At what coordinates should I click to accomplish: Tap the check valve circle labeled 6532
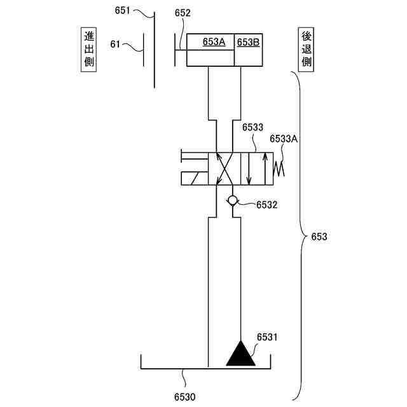(233, 200)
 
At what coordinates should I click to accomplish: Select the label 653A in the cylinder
(214, 42)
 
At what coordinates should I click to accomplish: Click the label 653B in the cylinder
(248, 42)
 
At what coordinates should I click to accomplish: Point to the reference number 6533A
(284, 138)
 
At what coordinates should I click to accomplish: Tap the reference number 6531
(267, 336)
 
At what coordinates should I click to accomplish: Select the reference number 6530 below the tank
(186, 396)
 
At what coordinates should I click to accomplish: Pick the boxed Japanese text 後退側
(307, 49)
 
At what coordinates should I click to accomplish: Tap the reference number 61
(115, 44)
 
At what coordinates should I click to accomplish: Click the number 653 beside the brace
(319, 237)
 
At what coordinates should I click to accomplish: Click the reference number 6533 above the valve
(252, 128)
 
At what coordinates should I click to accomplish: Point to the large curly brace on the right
(298, 235)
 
